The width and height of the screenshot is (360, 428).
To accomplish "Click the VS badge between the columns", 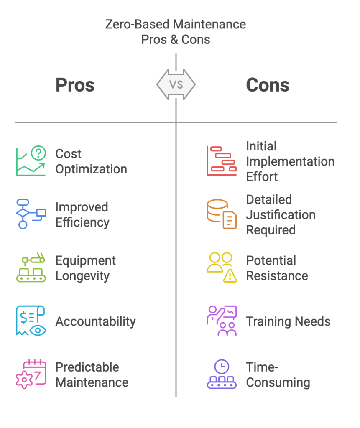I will point(176,85).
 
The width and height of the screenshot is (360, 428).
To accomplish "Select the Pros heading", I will point(75,85).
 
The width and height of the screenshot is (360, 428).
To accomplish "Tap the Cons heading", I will point(268,85).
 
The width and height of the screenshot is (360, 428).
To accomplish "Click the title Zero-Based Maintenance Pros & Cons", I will point(176,32).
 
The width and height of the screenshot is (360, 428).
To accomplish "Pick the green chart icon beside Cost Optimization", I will point(31,161).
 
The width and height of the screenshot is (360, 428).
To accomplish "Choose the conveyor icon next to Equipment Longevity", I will point(31,267).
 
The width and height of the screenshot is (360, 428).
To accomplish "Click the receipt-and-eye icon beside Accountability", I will point(31,321).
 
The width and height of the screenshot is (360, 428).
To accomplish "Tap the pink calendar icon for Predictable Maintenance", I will point(31,374).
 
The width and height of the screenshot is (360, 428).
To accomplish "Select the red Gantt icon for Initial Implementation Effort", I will point(222,161).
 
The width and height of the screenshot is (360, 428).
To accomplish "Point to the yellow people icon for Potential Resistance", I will point(222,267).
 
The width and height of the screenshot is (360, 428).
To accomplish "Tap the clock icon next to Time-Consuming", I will point(222,374).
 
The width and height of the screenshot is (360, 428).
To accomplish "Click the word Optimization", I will point(91,169).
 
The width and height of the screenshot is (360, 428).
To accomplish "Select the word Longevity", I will point(82,276).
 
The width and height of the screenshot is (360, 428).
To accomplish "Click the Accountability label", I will point(96,321).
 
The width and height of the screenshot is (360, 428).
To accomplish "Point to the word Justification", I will point(281,215).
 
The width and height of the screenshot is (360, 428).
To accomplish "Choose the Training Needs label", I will point(288,321).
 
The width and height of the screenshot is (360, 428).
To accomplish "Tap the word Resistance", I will point(277,276).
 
